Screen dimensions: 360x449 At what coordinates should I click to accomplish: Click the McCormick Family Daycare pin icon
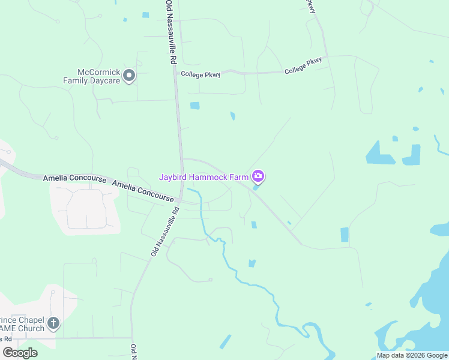[x=130, y=75]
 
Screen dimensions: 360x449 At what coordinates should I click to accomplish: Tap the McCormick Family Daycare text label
[x=92, y=76]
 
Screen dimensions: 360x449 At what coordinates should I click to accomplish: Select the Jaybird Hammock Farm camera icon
[x=258, y=176]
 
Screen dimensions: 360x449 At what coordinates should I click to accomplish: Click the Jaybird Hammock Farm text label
[x=203, y=177]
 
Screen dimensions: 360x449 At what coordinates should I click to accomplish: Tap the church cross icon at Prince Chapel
[x=53, y=324]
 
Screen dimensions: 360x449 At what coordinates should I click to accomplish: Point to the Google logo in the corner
[x=20, y=353]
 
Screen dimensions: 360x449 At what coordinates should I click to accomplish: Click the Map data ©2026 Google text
[x=412, y=355]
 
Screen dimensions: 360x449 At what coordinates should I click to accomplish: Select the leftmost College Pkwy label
[x=200, y=74]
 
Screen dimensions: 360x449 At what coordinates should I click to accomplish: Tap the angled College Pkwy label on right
[x=303, y=65]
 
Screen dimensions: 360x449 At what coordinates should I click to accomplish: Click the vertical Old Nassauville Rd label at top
[x=170, y=33]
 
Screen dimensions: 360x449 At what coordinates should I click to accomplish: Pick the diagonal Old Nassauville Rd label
[x=166, y=232]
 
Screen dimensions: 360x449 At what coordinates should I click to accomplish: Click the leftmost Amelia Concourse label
[x=74, y=179]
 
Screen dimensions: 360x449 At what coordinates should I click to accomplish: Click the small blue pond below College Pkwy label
[x=194, y=106]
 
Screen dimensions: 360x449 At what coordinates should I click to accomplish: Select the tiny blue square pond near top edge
[x=145, y=14]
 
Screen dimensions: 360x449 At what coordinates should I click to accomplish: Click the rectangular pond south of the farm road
[x=345, y=235]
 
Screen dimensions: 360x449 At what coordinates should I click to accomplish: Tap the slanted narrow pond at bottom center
[x=225, y=342]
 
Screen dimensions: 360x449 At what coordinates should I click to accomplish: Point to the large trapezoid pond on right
[x=381, y=154]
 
